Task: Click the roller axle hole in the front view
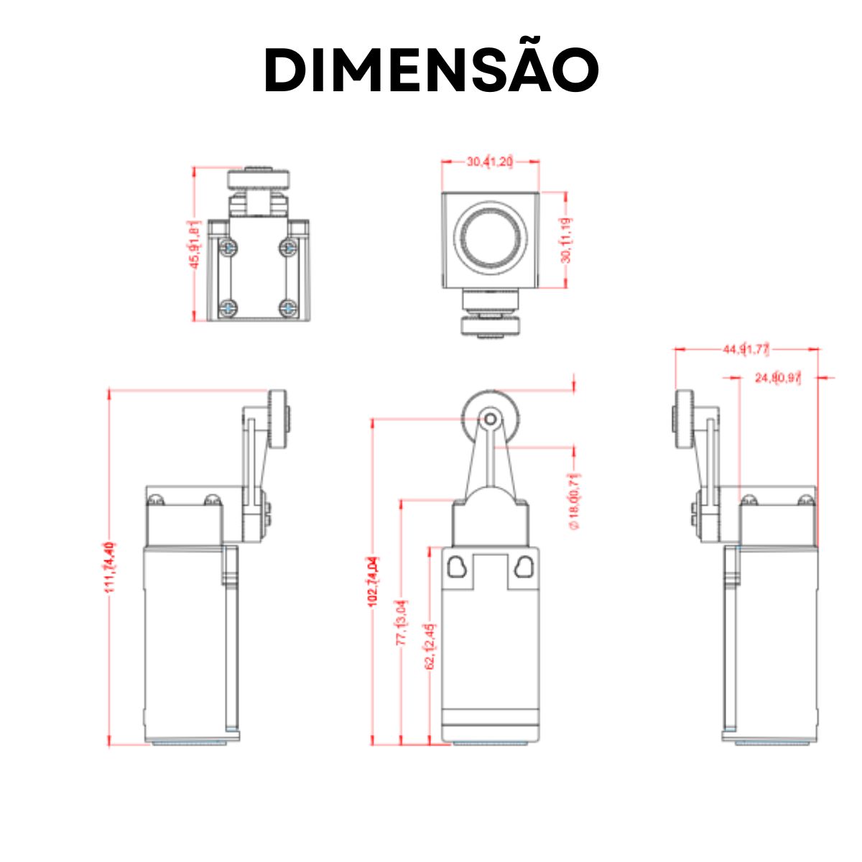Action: pyautogui.click(x=490, y=418)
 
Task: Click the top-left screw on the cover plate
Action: pyautogui.click(x=228, y=248)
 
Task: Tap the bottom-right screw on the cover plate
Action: pyautogui.click(x=287, y=308)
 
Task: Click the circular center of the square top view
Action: pyautogui.click(x=491, y=238)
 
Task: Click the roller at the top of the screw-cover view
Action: pyautogui.click(x=259, y=177)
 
